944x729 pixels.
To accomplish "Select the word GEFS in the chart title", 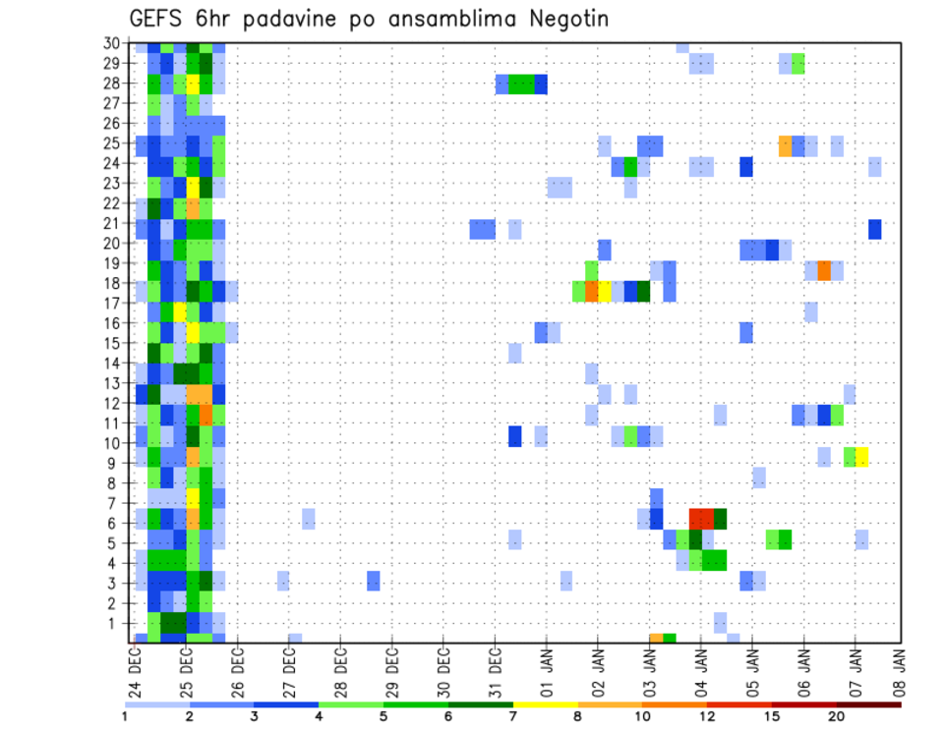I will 157,20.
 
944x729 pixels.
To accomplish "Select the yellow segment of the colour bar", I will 545,704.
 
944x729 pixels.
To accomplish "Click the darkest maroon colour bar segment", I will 869,704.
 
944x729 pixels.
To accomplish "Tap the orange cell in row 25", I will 785,145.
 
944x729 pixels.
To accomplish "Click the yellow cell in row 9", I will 861,457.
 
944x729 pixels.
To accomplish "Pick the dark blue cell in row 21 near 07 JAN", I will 874,229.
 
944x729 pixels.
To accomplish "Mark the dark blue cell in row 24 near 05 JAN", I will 746,166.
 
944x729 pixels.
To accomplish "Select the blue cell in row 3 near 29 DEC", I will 374,581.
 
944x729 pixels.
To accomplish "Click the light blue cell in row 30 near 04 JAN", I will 682,47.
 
